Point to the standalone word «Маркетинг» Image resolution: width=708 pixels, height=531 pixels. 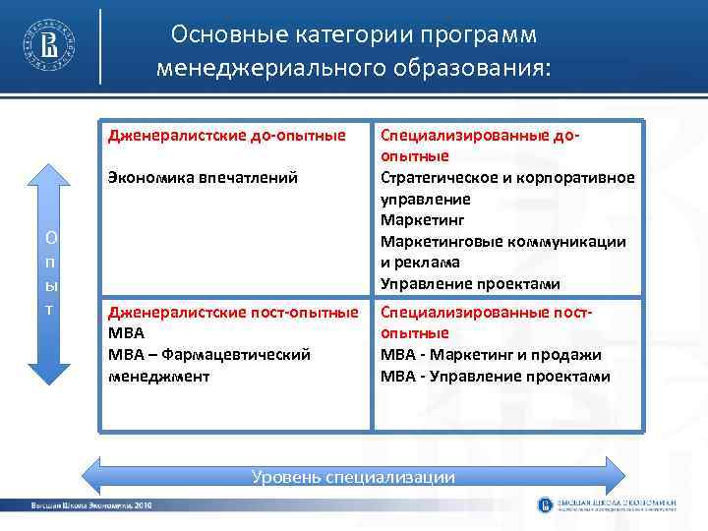tap(422, 220)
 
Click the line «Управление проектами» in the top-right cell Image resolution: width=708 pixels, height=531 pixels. tap(470, 284)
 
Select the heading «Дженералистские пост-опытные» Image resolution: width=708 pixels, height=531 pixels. tap(233, 313)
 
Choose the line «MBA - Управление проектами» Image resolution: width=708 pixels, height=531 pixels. tap(495, 377)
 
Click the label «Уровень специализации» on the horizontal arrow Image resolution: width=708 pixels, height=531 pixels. tap(353, 477)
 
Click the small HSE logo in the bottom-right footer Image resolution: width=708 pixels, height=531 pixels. tap(546, 505)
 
